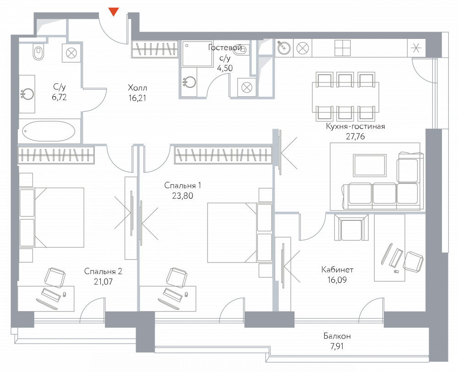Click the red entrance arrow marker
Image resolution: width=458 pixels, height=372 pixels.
point(114,12)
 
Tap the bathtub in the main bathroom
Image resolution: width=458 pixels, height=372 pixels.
point(49,131)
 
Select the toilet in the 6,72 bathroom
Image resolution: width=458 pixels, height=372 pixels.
point(38,52)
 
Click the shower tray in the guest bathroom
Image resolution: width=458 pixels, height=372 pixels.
point(194,54)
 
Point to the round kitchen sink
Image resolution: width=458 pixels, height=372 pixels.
point(284,47)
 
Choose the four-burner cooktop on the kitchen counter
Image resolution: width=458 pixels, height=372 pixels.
point(342,48)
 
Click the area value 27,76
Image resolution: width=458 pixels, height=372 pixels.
point(355,137)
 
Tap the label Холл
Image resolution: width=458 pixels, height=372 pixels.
point(137,88)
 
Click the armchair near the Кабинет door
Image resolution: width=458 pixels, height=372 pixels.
point(351,227)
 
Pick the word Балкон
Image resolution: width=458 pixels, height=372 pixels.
point(337,336)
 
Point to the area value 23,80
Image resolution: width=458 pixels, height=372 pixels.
point(183,196)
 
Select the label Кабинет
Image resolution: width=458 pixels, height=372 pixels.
point(337,269)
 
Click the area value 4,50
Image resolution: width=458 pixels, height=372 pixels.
point(225,68)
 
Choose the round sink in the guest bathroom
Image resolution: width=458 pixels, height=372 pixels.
point(189,82)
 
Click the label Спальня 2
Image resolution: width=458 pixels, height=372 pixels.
point(103,271)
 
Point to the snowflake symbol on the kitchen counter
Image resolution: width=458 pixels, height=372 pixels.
point(416,48)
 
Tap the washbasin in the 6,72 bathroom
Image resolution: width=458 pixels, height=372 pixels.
point(27,94)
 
